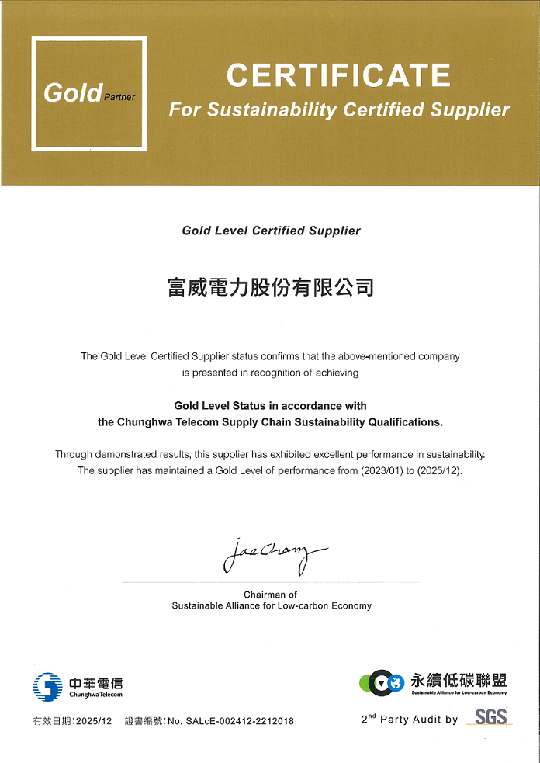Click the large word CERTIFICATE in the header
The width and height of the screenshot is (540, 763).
pos(338,76)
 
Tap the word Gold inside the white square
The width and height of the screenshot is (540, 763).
pos(72,93)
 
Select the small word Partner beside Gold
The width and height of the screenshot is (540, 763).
pos(119,98)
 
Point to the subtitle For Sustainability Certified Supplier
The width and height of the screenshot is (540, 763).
pos(339,110)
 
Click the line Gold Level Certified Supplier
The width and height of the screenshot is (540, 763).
pos(271,231)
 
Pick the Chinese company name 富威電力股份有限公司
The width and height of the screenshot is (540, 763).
pos(271,287)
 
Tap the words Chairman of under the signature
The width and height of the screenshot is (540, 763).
pos(271,595)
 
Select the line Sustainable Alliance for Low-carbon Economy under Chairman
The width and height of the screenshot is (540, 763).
pos(272,605)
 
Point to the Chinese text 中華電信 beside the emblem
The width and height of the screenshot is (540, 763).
pos(95,683)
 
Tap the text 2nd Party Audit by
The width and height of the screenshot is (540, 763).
pos(410,720)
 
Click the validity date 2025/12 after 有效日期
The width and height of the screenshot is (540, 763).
pos(94,721)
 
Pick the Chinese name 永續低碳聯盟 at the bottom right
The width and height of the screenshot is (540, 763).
pos(459,680)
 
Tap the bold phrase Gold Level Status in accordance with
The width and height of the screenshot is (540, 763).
pos(270,406)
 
